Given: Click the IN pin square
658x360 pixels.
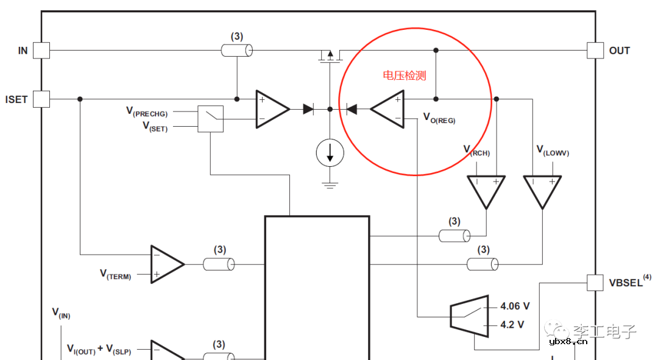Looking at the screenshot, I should point(41,51).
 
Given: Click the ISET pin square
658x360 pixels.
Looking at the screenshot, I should point(41,99).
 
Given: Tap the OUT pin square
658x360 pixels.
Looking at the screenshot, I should point(595,51).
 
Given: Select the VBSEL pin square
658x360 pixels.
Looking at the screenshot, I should point(595,282).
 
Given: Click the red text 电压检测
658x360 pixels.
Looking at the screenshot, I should point(404,76).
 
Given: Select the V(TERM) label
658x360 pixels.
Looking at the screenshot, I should point(115,275).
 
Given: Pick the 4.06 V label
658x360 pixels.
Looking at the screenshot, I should point(514,306).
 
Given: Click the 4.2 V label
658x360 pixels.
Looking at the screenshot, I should point(512,325).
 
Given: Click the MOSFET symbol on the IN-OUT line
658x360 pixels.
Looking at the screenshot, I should point(330,56).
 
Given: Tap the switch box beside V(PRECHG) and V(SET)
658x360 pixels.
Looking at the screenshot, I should point(210,119).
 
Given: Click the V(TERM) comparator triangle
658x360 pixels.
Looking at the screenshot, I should point(166,264).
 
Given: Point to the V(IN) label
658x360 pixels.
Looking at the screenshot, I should point(60,313).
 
